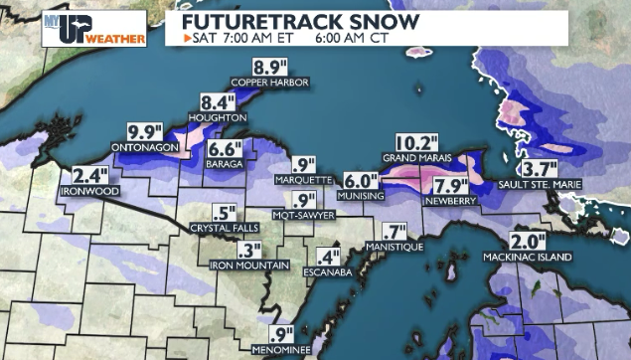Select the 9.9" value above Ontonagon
click(146, 132)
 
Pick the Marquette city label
click(303, 180)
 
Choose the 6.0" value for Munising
click(362, 181)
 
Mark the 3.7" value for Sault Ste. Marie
click(543, 169)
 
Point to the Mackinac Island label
click(528, 258)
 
